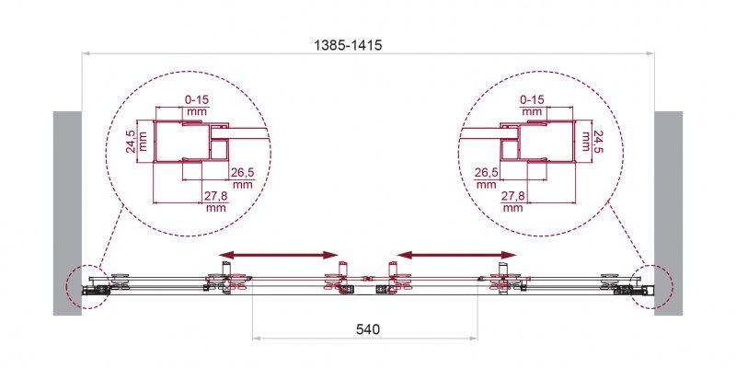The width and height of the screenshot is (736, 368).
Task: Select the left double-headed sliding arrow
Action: click(278, 254)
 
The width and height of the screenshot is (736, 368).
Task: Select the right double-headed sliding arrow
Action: click(455, 254)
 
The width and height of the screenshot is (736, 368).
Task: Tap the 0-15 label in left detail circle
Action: click(196, 99)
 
